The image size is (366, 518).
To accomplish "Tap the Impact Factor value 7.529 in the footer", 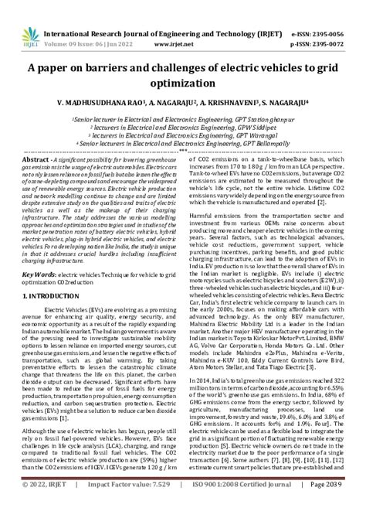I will pyautogui.click(x=155, y=505).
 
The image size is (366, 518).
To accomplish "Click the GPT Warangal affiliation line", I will pyautogui.click(x=183, y=135).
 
